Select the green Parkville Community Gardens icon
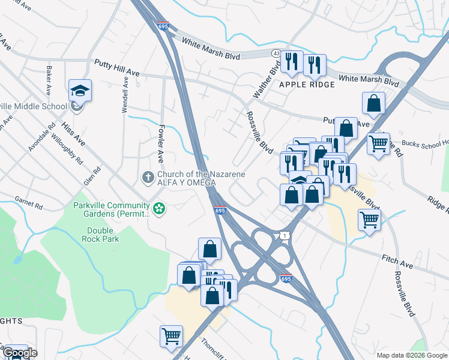tap(159, 209)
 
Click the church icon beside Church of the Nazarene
tap(148, 178)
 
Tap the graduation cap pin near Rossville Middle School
tap(80, 91)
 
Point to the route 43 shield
tap(276, 53)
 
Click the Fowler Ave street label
tap(161, 144)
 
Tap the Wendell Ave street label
tap(125, 94)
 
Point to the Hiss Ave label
tap(74, 133)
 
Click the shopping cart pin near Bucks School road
tap(378, 144)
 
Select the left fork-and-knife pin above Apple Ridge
tap(291, 63)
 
